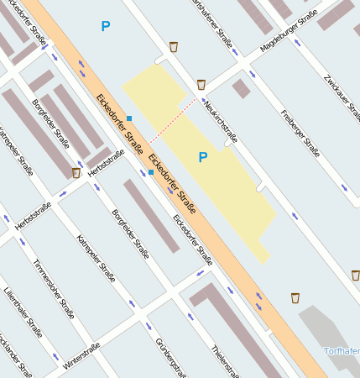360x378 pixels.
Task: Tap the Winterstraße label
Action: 81,356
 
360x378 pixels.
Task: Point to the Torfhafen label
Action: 342,350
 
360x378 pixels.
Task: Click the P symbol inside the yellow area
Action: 202,157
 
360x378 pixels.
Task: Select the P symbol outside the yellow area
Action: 105,27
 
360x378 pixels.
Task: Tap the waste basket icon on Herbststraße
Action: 76,173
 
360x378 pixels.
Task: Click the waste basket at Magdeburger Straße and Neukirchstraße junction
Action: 201,84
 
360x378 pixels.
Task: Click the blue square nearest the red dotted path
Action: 129,118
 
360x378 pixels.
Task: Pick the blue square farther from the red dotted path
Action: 151,172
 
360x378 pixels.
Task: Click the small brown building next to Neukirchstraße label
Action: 242,88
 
